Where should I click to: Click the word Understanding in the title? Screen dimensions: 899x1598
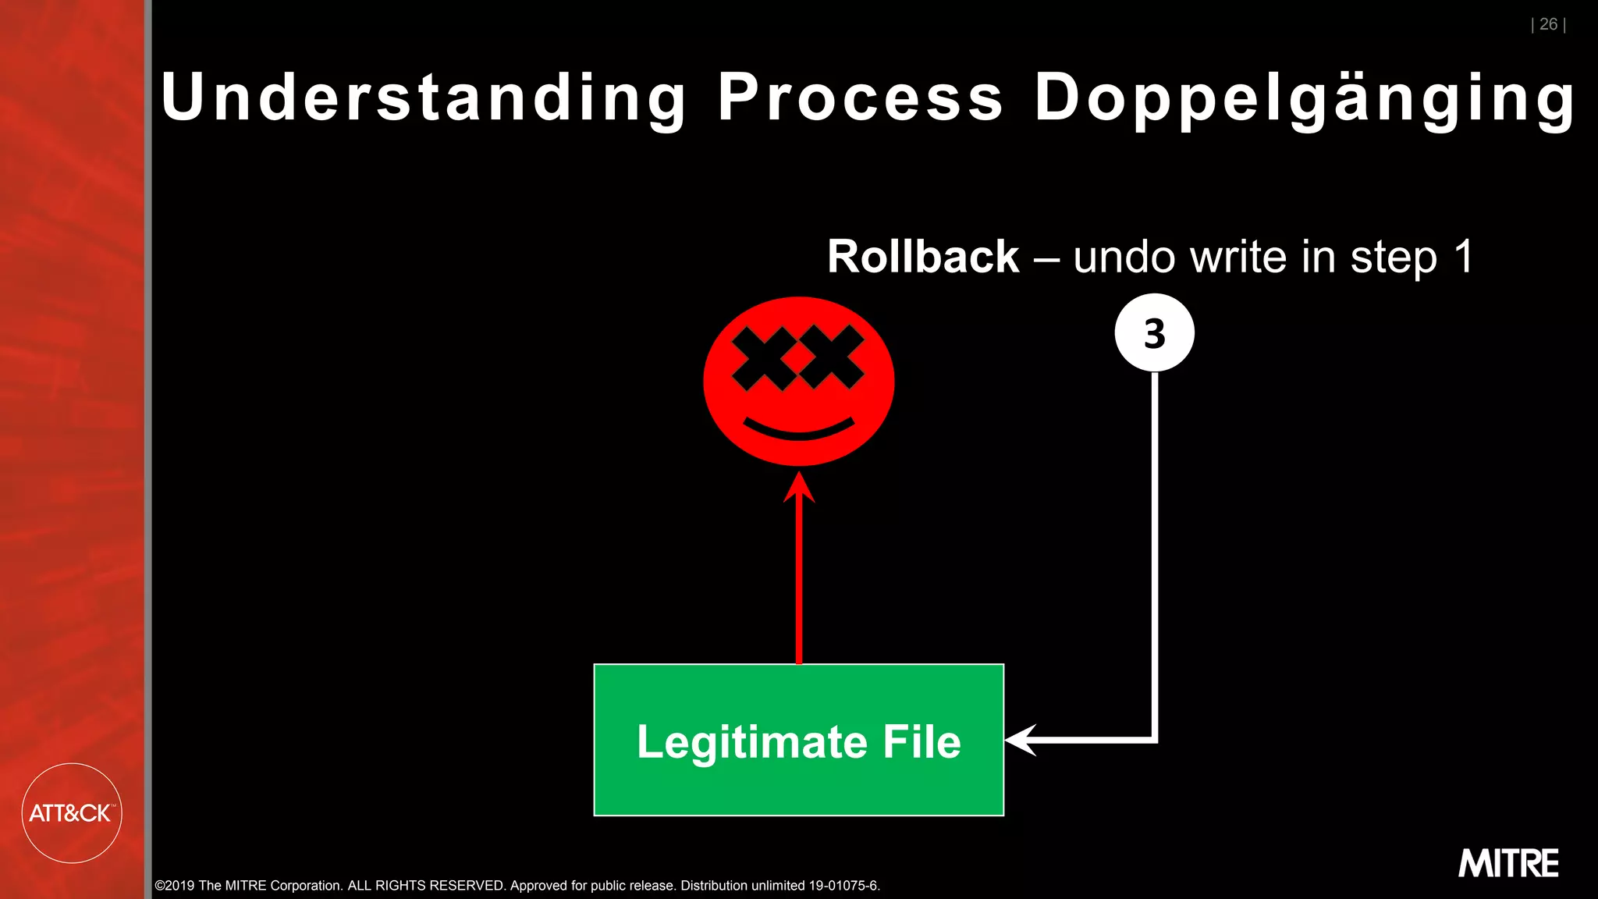click(x=423, y=98)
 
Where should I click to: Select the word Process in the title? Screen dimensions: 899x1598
click(x=860, y=98)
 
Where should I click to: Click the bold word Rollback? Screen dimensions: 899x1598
click(x=923, y=257)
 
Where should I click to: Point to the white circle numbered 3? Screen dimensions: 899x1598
click(x=1154, y=333)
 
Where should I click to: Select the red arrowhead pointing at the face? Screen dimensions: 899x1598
click(x=799, y=487)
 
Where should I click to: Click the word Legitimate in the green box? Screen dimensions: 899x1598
click(x=751, y=741)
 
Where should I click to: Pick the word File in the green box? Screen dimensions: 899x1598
click(x=922, y=741)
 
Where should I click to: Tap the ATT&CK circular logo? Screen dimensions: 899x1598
click(x=71, y=813)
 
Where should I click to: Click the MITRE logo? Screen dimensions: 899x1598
click(x=1508, y=863)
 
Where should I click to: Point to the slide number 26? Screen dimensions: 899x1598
click(x=1548, y=24)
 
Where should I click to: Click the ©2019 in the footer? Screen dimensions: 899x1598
click(x=175, y=886)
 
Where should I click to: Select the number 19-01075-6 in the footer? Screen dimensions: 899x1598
click(x=843, y=886)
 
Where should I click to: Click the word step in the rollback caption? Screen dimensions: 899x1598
click(x=1394, y=258)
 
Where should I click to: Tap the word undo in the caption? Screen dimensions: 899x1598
click(x=1124, y=257)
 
